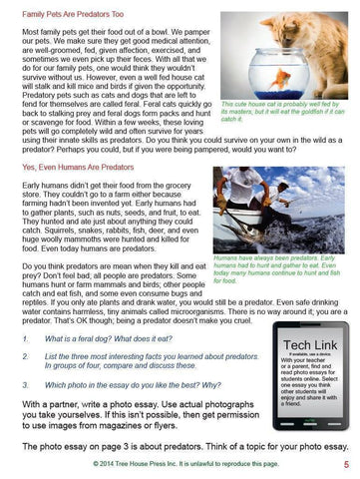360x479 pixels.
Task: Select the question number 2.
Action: click(25, 356)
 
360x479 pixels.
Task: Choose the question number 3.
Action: click(25, 382)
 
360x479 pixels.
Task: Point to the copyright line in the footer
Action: click(180, 465)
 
